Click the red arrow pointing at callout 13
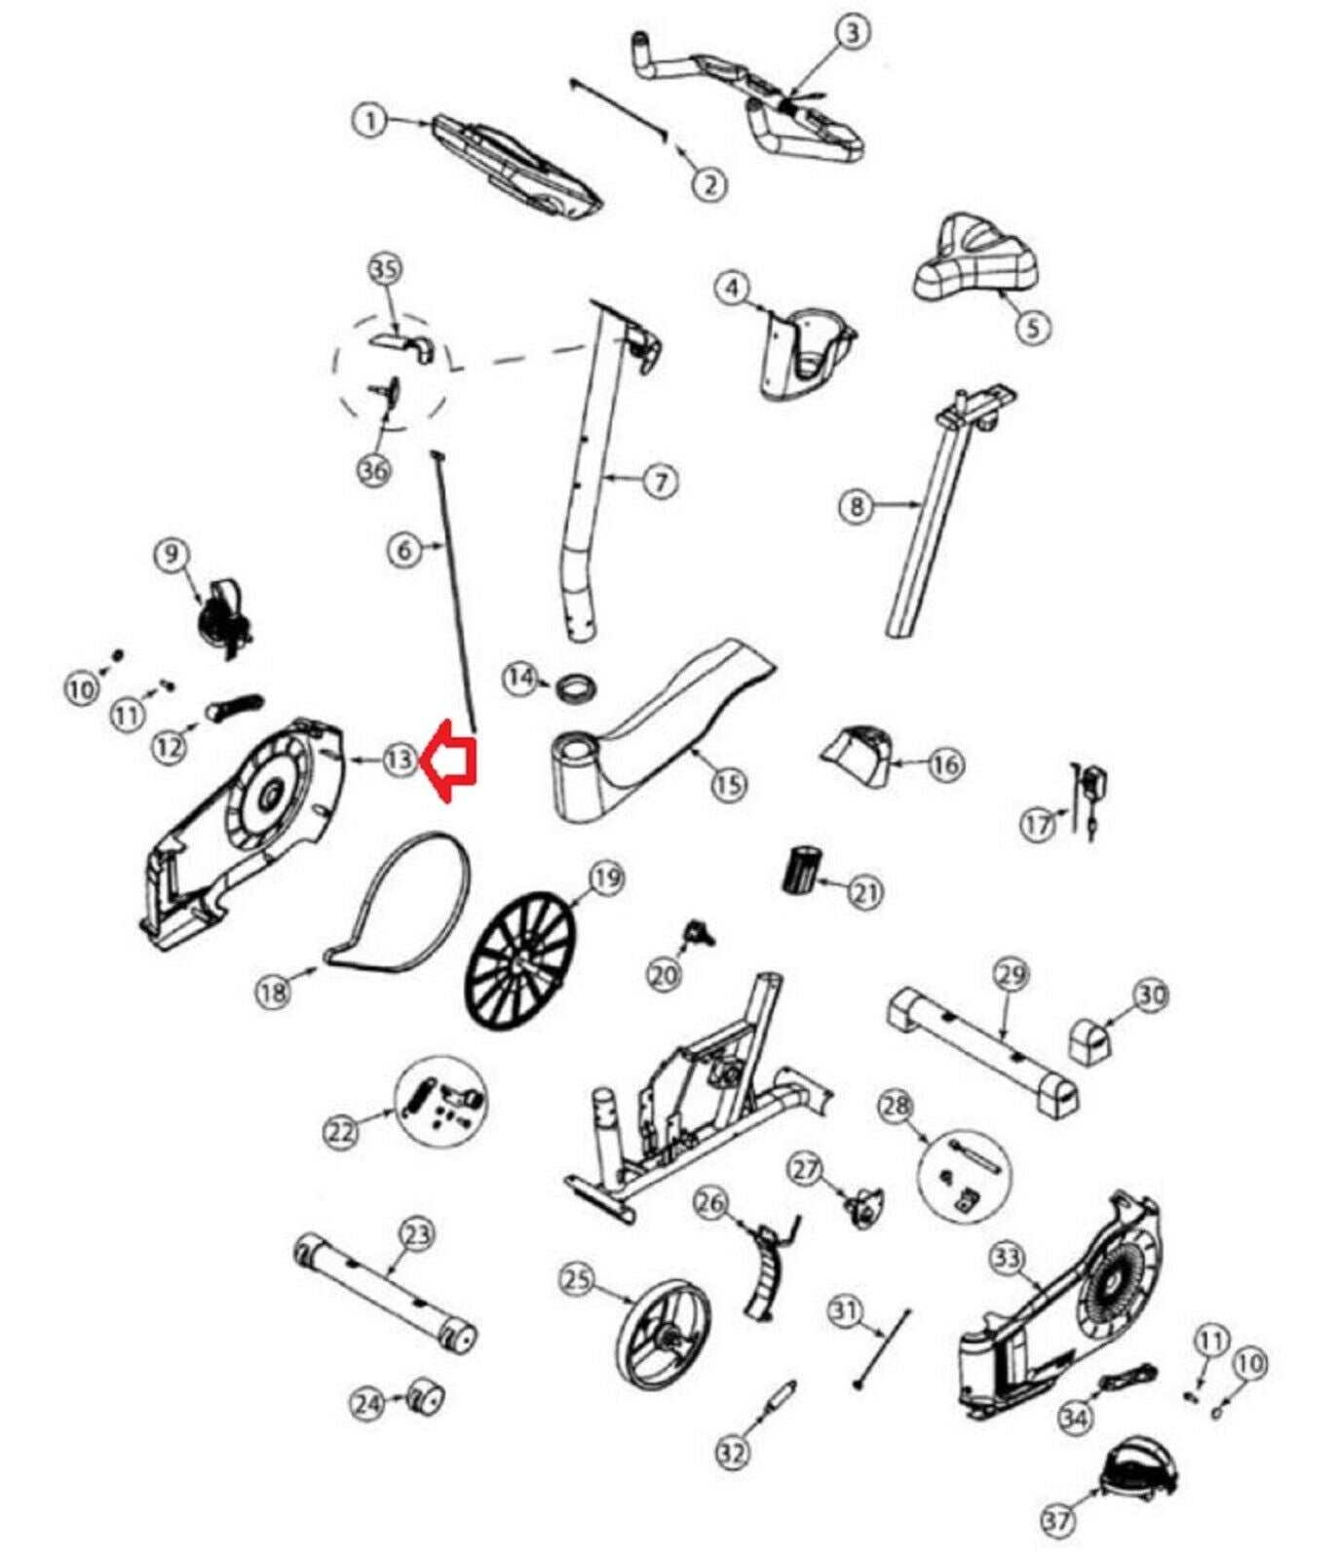pos(449,761)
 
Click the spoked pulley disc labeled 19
pos(520,961)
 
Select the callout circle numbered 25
pos(578,1278)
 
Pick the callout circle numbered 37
pos(1058,1519)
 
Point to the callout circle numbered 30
pos(1151,995)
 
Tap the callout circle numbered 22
pos(341,1132)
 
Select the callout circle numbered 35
pos(386,269)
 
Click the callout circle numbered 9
pos(172,555)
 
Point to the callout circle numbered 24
pos(367,1404)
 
